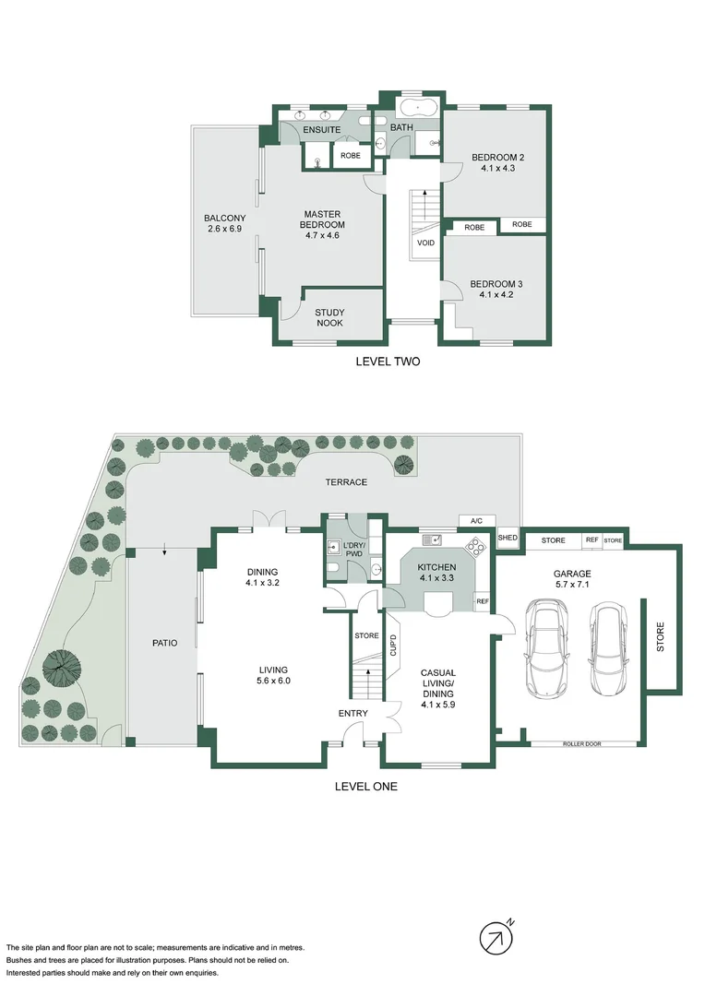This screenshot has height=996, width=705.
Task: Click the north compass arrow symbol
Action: pyautogui.click(x=496, y=938)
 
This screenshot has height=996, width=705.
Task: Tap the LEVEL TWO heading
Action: pyautogui.click(x=388, y=362)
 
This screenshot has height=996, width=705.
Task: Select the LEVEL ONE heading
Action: pyautogui.click(x=365, y=787)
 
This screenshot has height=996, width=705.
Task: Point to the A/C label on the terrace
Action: pyautogui.click(x=476, y=521)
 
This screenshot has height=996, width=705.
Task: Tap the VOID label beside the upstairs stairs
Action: pyautogui.click(x=425, y=243)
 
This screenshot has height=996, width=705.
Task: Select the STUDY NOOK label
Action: pyautogui.click(x=329, y=318)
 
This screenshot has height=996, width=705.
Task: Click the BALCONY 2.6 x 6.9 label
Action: pyautogui.click(x=223, y=223)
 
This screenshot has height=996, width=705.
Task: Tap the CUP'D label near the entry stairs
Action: pyautogui.click(x=392, y=646)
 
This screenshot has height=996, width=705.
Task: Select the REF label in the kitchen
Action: pyautogui.click(x=482, y=601)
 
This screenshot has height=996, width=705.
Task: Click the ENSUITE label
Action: pyautogui.click(x=322, y=130)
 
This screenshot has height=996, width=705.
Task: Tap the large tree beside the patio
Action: pyautogui.click(x=65, y=668)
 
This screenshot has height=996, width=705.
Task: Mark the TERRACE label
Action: pyautogui.click(x=346, y=482)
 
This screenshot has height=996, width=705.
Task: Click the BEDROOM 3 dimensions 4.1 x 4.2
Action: pyautogui.click(x=496, y=295)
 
